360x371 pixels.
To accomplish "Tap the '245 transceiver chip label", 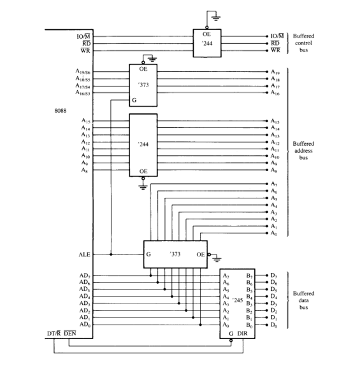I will click(238, 299).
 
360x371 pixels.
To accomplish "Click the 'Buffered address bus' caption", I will click(303, 151).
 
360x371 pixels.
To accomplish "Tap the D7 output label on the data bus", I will click(273, 275).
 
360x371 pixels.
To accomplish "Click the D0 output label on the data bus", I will click(273, 325).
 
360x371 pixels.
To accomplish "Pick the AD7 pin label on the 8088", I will click(85, 275).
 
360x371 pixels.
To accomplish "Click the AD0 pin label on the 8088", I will click(85, 325).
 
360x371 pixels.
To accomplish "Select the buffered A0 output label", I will click(275, 234).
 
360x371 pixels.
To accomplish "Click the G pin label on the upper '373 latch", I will click(133, 100).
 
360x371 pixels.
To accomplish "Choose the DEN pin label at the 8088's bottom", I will click(71, 334).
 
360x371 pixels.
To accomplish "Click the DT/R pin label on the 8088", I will click(54, 334).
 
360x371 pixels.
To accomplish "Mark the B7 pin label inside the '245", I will click(249, 275).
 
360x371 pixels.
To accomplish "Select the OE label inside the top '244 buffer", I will click(207, 34).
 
